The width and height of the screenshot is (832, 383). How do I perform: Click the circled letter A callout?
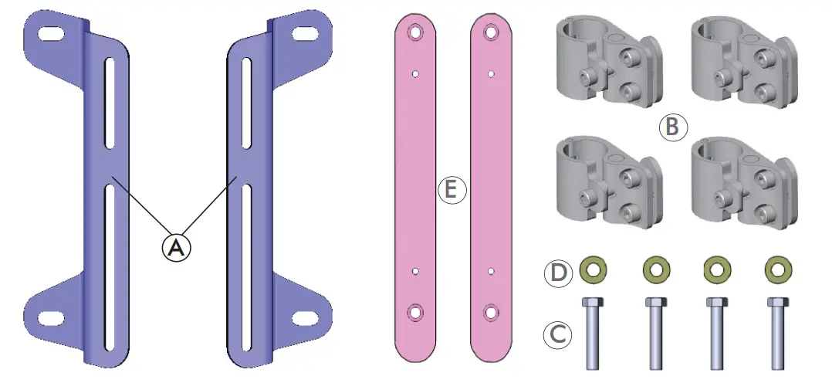click(176, 247)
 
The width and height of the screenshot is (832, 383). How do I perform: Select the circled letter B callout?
click(671, 127)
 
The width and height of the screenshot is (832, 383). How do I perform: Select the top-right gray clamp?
click(743, 59)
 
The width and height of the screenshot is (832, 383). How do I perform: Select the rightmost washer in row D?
click(777, 269)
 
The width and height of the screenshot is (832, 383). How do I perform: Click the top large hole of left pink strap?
click(417, 32)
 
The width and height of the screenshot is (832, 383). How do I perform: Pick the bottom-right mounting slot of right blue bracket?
click(303, 317)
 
